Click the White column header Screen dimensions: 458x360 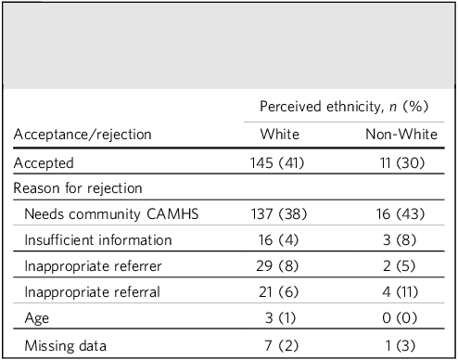(x=280, y=135)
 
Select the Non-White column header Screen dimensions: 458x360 (x=401, y=135)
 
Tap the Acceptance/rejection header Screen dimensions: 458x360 (x=83, y=135)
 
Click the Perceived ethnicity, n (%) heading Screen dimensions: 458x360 (x=344, y=107)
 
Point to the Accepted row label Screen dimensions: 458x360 (x=44, y=163)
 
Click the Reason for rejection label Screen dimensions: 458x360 (x=78, y=188)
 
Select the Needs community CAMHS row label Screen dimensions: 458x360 (x=111, y=214)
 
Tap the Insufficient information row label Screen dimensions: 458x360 (x=98, y=240)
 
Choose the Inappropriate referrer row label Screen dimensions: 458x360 (x=93, y=266)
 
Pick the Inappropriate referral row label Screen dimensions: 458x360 (x=92, y=292)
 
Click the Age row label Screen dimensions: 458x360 (x=37, y=318)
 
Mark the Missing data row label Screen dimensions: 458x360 (x=65, y=346)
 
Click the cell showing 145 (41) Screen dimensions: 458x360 (x=277, y=163)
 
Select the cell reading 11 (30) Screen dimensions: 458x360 (x=402, y=163)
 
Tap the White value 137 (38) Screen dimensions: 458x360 (x=279, y=214)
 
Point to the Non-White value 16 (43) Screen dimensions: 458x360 (x=401, y=214)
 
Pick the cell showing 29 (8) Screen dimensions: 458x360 (x=277, y=266)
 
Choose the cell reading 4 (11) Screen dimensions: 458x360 (x=401, y=292)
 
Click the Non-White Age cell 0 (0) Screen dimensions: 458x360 (x=400, y=318)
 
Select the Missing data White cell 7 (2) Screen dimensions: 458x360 (x=282, y=346)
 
